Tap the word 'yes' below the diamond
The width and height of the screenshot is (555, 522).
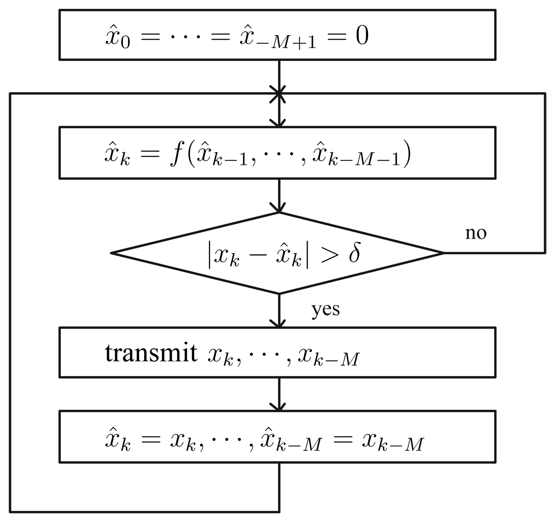tap(326, 310)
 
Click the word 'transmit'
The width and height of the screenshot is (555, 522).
tap(151, 353)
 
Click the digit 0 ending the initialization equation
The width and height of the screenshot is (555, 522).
tap(362, 36)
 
